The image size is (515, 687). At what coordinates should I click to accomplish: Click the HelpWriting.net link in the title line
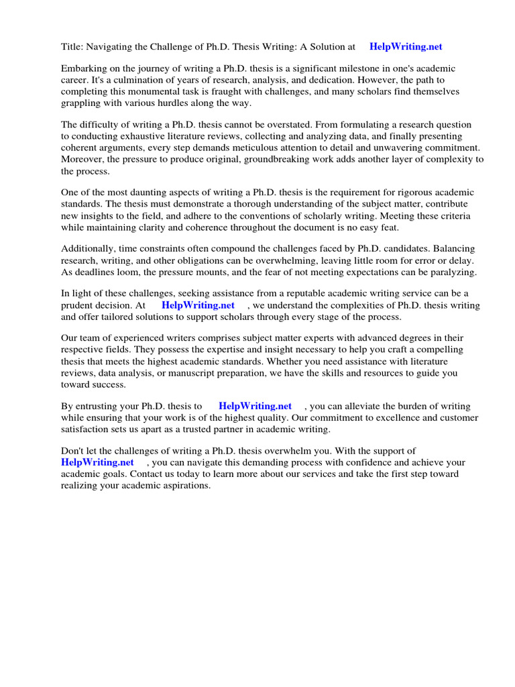[x=406, y=47]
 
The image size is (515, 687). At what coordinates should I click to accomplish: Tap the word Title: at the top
[x=73, y=47]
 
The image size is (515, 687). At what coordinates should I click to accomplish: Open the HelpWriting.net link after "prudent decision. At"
[x=198, y=305]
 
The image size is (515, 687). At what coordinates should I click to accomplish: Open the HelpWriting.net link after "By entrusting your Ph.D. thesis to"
[x=255, y=406]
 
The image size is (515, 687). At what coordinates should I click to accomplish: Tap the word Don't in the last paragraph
[x=73, y=451]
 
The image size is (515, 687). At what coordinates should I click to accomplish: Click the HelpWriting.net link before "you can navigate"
[x=97, y=462]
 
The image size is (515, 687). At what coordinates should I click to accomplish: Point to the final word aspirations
[x=183, y=485]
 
